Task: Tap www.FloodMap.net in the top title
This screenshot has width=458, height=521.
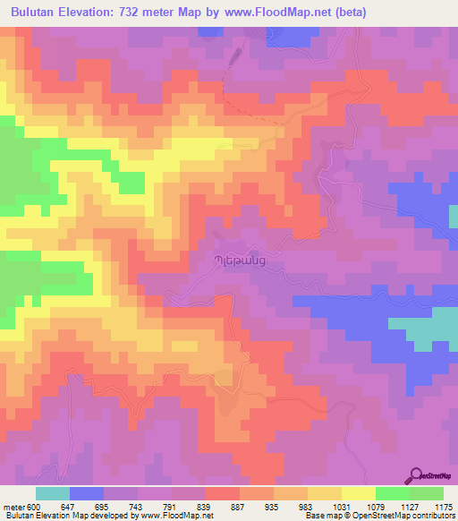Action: tap(273, 13)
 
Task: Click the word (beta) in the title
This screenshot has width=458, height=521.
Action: tap(345, 13)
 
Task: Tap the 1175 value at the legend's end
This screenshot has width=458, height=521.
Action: tap(442, 507)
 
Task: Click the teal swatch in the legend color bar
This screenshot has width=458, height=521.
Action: tap(53, 493)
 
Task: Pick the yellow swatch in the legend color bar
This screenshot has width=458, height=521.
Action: tap(358, 493)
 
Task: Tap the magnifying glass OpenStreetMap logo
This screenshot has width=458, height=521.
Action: tap(417, 475)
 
